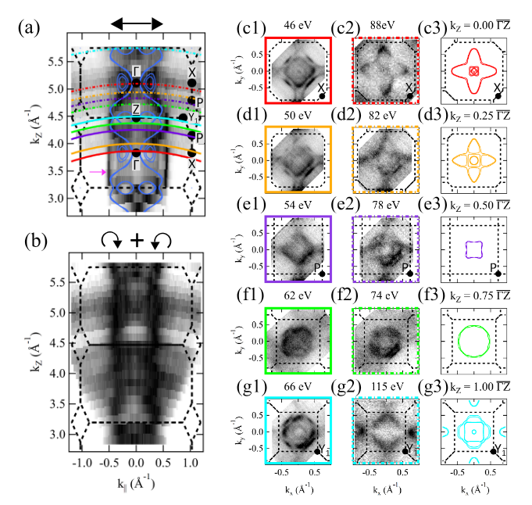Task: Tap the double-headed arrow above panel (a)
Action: (137, 25)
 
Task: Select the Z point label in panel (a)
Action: (136, 109)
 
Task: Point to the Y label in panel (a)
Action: (192, 117)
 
